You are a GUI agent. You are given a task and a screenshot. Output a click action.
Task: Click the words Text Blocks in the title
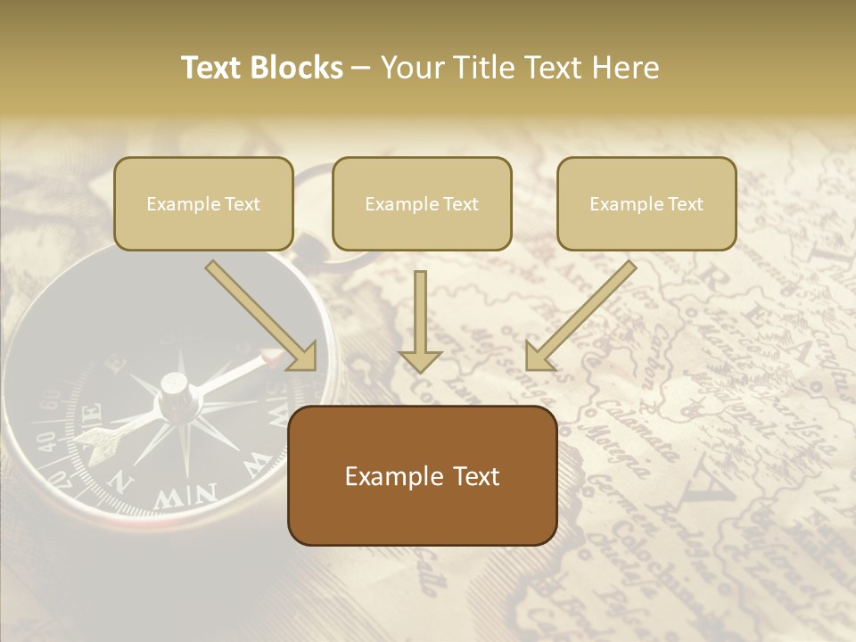262,68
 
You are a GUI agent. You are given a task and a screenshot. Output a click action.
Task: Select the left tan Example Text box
203,203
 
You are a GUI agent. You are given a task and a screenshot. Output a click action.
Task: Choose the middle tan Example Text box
422,203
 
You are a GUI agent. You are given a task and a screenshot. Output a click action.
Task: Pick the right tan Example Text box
646,203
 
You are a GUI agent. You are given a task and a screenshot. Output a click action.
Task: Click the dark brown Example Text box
422,475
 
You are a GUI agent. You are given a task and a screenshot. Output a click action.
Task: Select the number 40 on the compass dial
44,439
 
